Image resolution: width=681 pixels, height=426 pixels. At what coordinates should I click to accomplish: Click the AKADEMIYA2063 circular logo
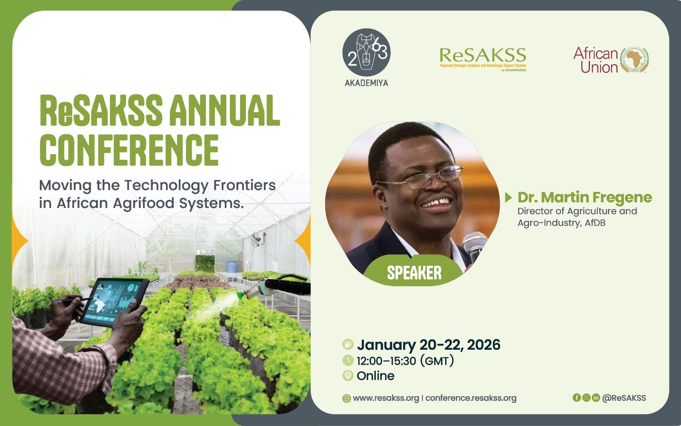366,52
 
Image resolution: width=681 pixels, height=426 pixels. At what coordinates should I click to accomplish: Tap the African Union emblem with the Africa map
634,60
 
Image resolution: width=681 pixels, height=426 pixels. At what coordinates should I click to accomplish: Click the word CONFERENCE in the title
129,150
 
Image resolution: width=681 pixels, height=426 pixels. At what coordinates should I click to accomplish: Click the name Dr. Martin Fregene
585,197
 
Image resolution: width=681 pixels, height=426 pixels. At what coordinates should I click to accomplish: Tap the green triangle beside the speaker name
508,197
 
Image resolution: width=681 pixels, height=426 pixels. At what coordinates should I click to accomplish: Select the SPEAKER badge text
414,273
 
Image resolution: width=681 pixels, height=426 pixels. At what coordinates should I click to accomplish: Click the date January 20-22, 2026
429,345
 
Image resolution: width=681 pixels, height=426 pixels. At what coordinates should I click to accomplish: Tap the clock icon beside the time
348,360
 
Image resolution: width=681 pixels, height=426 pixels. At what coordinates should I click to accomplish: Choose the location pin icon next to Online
348,375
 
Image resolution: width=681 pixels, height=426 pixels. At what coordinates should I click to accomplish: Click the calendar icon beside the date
348,345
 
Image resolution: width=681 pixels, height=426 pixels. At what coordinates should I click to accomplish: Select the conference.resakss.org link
471,398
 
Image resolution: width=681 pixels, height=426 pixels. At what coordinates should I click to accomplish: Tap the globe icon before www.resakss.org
346,398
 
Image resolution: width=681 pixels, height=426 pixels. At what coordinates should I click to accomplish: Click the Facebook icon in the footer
576,397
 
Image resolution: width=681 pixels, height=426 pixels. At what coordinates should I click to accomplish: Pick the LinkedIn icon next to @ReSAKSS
596,397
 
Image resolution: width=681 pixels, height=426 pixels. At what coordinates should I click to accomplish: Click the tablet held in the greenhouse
114,302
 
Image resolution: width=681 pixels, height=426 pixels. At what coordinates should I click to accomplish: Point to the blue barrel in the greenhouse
232,267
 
